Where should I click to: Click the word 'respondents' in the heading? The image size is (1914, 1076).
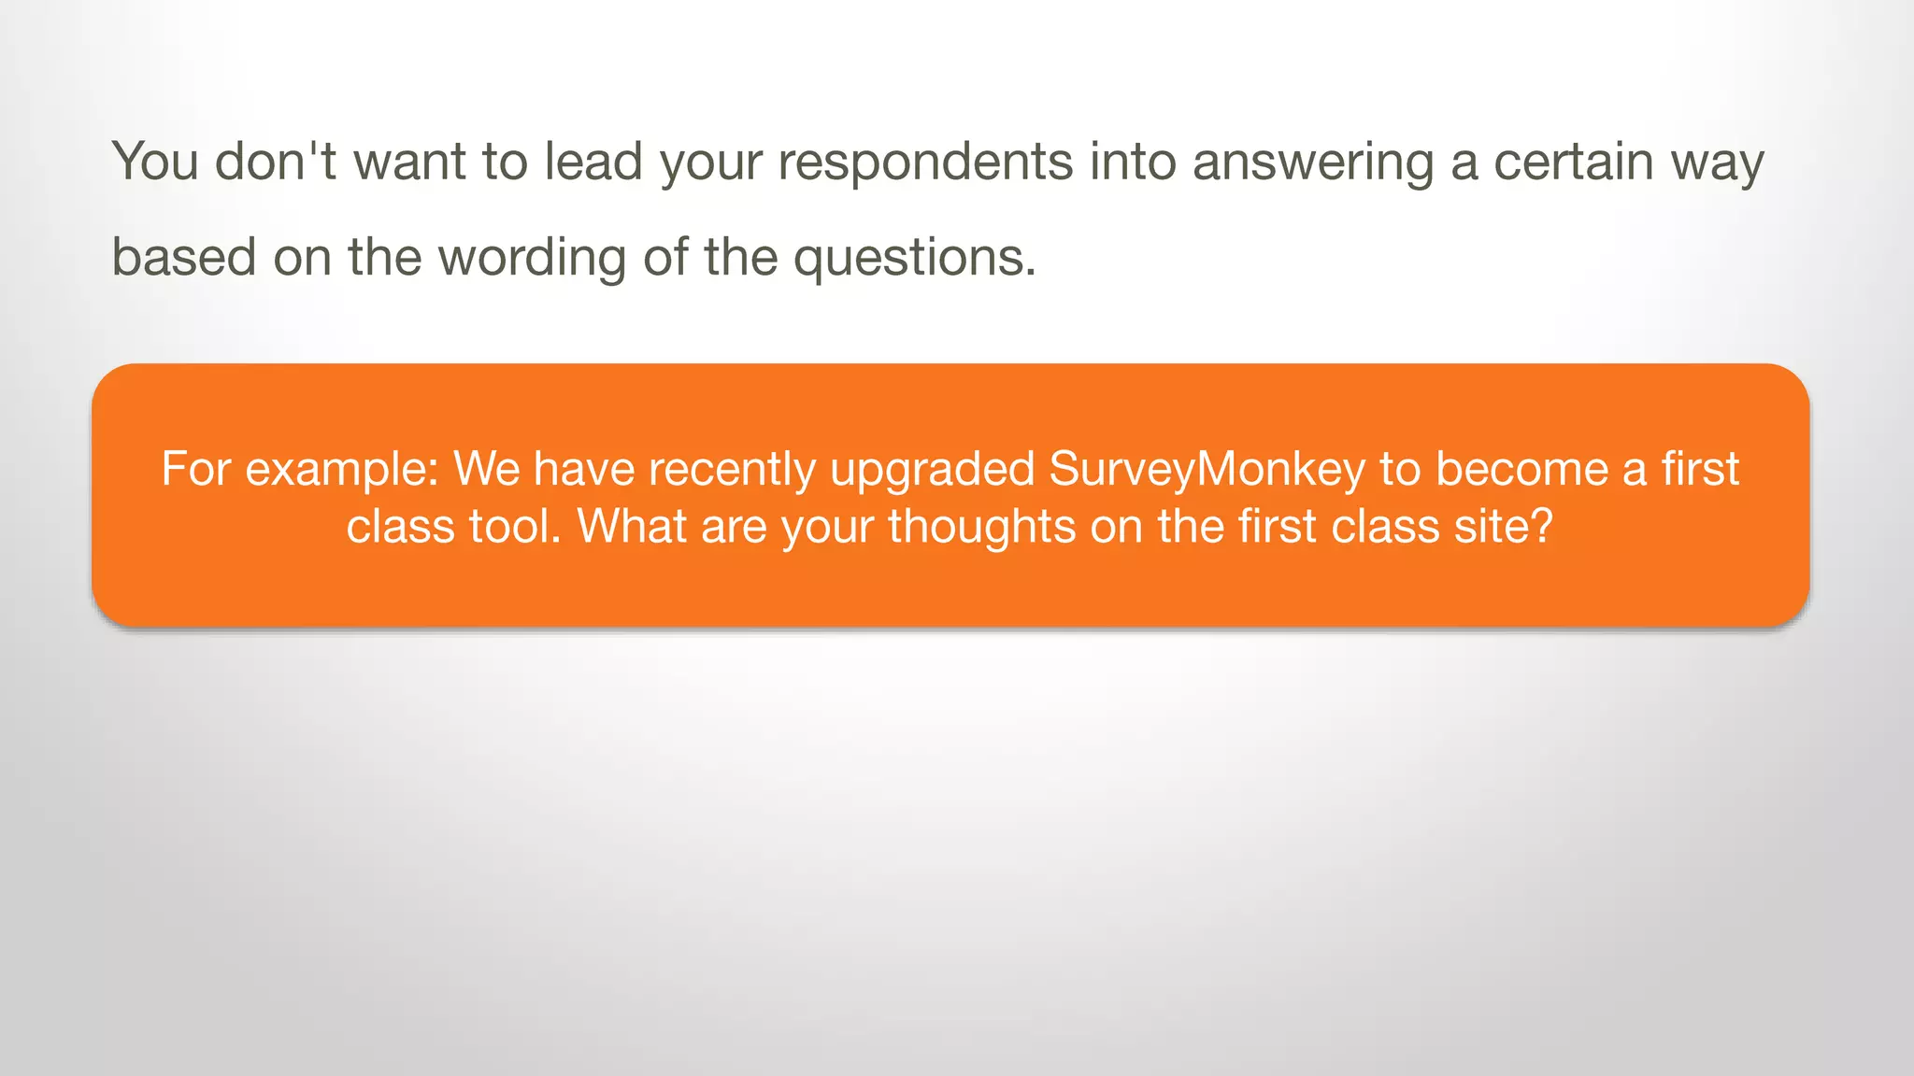coord(925,162)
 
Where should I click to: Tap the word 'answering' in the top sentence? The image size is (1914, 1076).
coord(1313,162)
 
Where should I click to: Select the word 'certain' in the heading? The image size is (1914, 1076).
coord(1574,162)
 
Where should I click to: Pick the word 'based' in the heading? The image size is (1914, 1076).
coord(183,257)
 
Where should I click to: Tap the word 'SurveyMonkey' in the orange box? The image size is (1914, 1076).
coord(1207,469)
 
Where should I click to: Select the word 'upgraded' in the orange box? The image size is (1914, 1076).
coord(932,469)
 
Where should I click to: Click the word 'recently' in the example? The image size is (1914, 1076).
coord(732,469)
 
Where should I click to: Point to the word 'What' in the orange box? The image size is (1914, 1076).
coord(632,527)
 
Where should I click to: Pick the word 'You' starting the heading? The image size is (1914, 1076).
coord(155,162)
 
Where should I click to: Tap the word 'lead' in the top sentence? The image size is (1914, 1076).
coord(593,162)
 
